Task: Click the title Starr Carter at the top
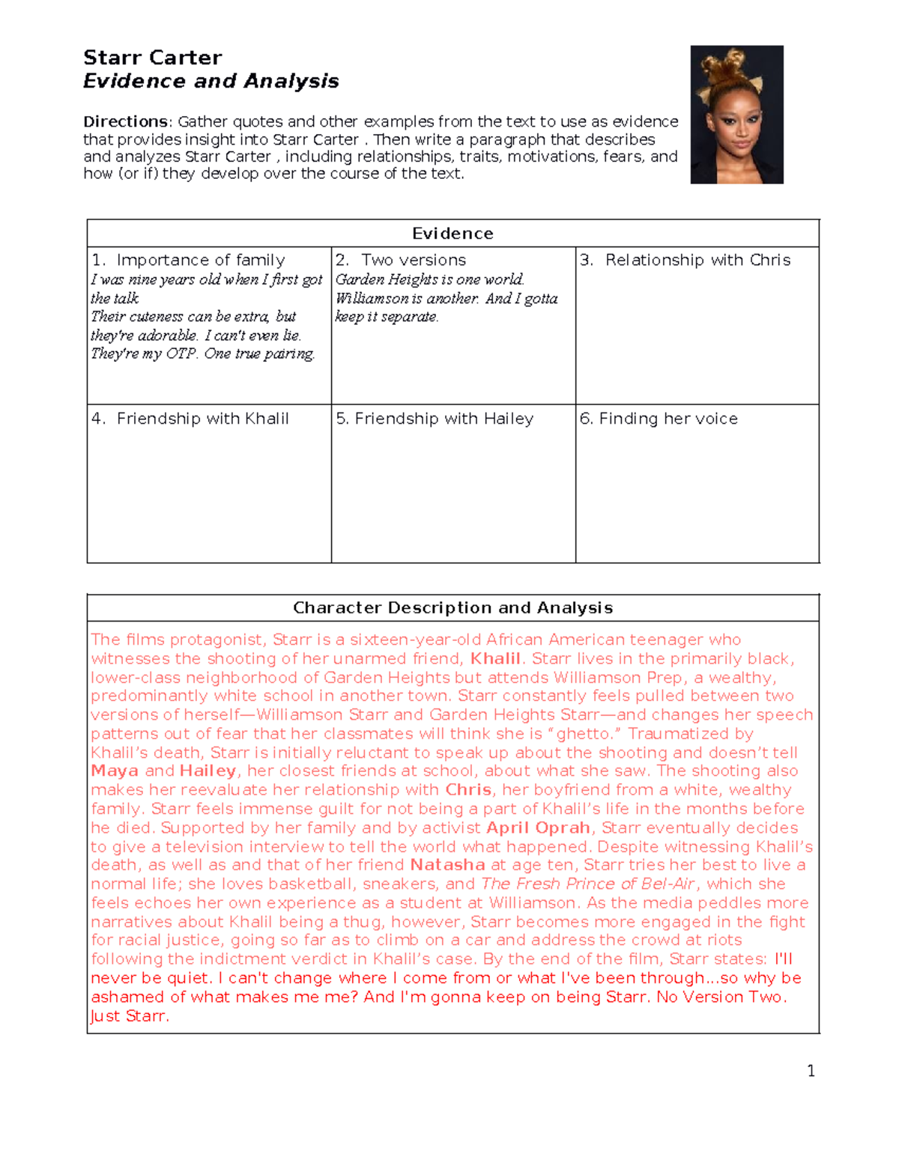(152, 58)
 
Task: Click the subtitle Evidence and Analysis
(211, 81)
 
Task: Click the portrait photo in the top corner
(736, 114)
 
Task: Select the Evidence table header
(452, 233)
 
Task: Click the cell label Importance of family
(200, 260)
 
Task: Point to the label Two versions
(413, 260)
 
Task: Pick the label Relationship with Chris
(697, 260)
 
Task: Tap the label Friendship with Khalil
(202, 419)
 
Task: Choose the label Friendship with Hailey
(444, 419)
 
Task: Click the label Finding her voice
(668, 419)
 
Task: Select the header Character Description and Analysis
(452, 607)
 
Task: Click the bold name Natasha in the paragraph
(447, 865)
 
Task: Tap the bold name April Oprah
(538, 828)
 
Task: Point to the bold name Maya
(115, 771)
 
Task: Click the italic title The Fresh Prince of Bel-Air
(588, 884)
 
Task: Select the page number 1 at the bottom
(811, 1071)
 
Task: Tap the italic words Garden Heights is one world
(429, 279)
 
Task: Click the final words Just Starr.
(130, 1016)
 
